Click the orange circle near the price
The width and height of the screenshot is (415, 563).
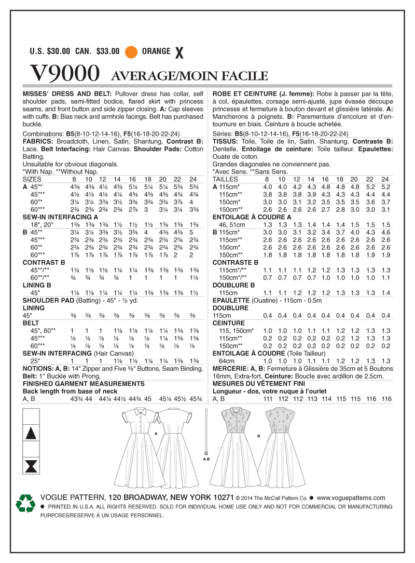tap(131, 51)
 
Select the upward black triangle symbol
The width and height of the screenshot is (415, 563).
tap(31, 434)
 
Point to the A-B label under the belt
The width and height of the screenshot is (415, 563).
tap(206, 459)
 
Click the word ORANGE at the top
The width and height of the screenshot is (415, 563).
tap(156, 51)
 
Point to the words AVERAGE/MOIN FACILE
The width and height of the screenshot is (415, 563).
tap(186, 76)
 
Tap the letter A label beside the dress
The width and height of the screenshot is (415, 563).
tap(156, 433)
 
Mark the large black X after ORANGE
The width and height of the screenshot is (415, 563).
tap(179, 52)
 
